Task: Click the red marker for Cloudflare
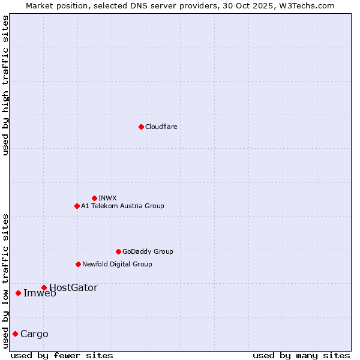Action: pos(141,127)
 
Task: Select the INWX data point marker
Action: pos(94,198)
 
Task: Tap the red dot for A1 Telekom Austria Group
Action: pos(77,206)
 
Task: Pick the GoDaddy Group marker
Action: pos(118,251)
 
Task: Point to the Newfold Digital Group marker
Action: pos(78,264)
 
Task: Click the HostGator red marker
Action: pos(44,287)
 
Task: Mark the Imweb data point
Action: pos(18,293)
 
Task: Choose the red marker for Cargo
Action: pos(15,334)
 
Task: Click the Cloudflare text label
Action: pos(161,127)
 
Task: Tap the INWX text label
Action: pos(107,198)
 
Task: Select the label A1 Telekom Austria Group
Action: pos(122,206)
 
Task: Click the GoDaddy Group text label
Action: pos(148,251)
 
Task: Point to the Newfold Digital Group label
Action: pos(117,264)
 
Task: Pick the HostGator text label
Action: pos(73,287)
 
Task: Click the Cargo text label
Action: pos(34,334)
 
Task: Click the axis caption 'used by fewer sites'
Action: pos(62,355)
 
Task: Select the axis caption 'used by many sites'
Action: pos(301,355)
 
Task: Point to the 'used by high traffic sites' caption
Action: pos(6,85)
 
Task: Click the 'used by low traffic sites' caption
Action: pos(6,280)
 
